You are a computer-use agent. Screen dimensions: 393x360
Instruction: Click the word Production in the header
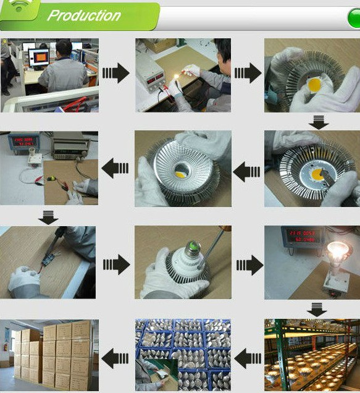click(x=84, y=15)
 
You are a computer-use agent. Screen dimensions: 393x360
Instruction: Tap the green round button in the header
click(x=354, y=19)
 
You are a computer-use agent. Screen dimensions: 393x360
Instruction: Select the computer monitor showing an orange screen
click(x=38, y=58)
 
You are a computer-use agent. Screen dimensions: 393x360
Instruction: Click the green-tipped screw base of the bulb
click(x=192, y=250)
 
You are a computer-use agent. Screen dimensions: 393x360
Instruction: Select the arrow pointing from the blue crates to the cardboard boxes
click(x=115, y=357)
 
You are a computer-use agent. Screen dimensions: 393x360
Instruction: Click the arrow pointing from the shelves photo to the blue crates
click(x=248, y=357)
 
